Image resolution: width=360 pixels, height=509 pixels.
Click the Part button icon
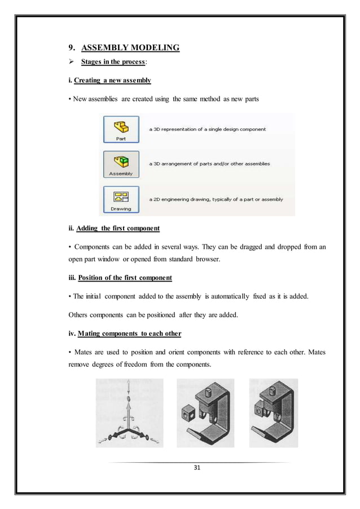coord(121,129)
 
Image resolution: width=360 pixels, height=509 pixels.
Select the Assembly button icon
coord(121,164)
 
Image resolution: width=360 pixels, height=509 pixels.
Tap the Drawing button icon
coord(121,199)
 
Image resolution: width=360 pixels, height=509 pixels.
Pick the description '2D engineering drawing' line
coord(216,199)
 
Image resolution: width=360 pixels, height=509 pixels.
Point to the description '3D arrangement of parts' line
coord(209,164)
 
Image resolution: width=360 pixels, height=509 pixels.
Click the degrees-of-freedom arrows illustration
coord(129,413)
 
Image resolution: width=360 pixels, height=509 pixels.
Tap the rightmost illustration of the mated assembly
coord(273,413)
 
